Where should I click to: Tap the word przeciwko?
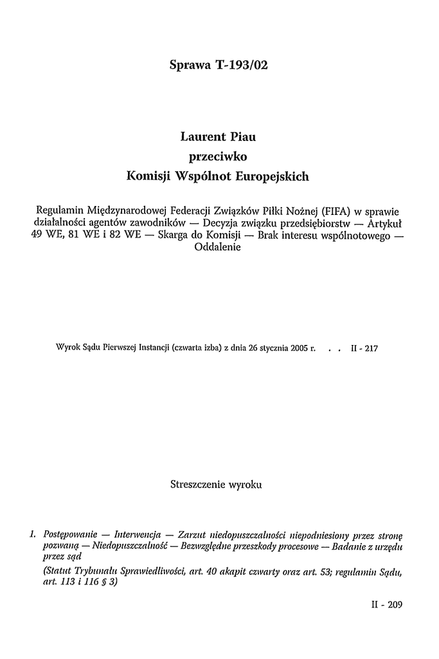219,156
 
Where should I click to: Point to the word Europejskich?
274,175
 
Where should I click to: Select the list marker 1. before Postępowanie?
33,535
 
